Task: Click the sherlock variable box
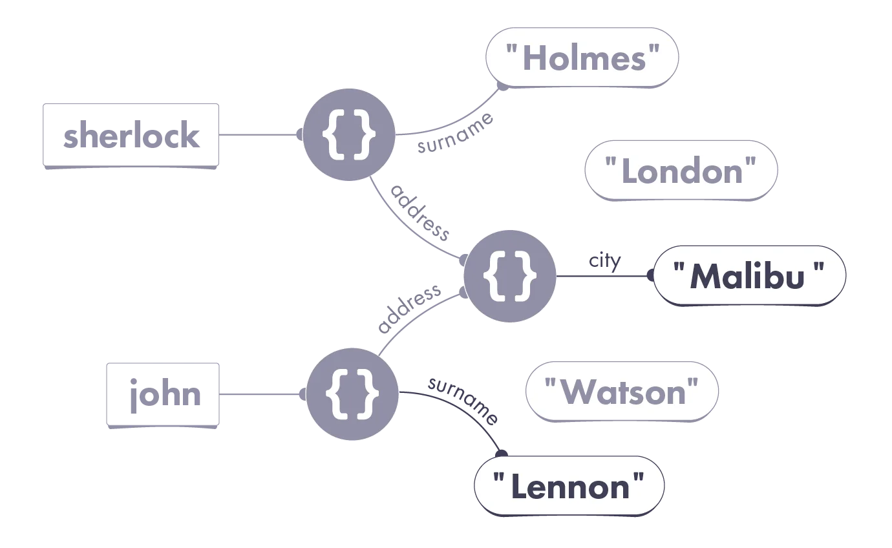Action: [131, 136]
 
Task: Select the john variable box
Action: [163, 395]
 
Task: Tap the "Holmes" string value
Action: [582, 58]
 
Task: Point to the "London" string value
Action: [681, 171]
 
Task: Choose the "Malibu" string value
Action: [750, 275]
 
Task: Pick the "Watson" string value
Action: [622, 392]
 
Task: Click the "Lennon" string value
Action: [569, 486]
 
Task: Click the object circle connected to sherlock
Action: [349, 134]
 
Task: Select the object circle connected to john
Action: [352, 394]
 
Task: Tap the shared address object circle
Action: [510, 276]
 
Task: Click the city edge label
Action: [604, 261]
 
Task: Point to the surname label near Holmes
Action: [455, 132]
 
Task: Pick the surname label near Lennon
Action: [463, 400]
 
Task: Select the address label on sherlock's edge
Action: [419, 213]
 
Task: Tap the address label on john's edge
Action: [409, 308]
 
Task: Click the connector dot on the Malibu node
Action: [651, 275]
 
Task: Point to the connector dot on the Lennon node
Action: [502, 454]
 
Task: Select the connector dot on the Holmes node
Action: [504, 86]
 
